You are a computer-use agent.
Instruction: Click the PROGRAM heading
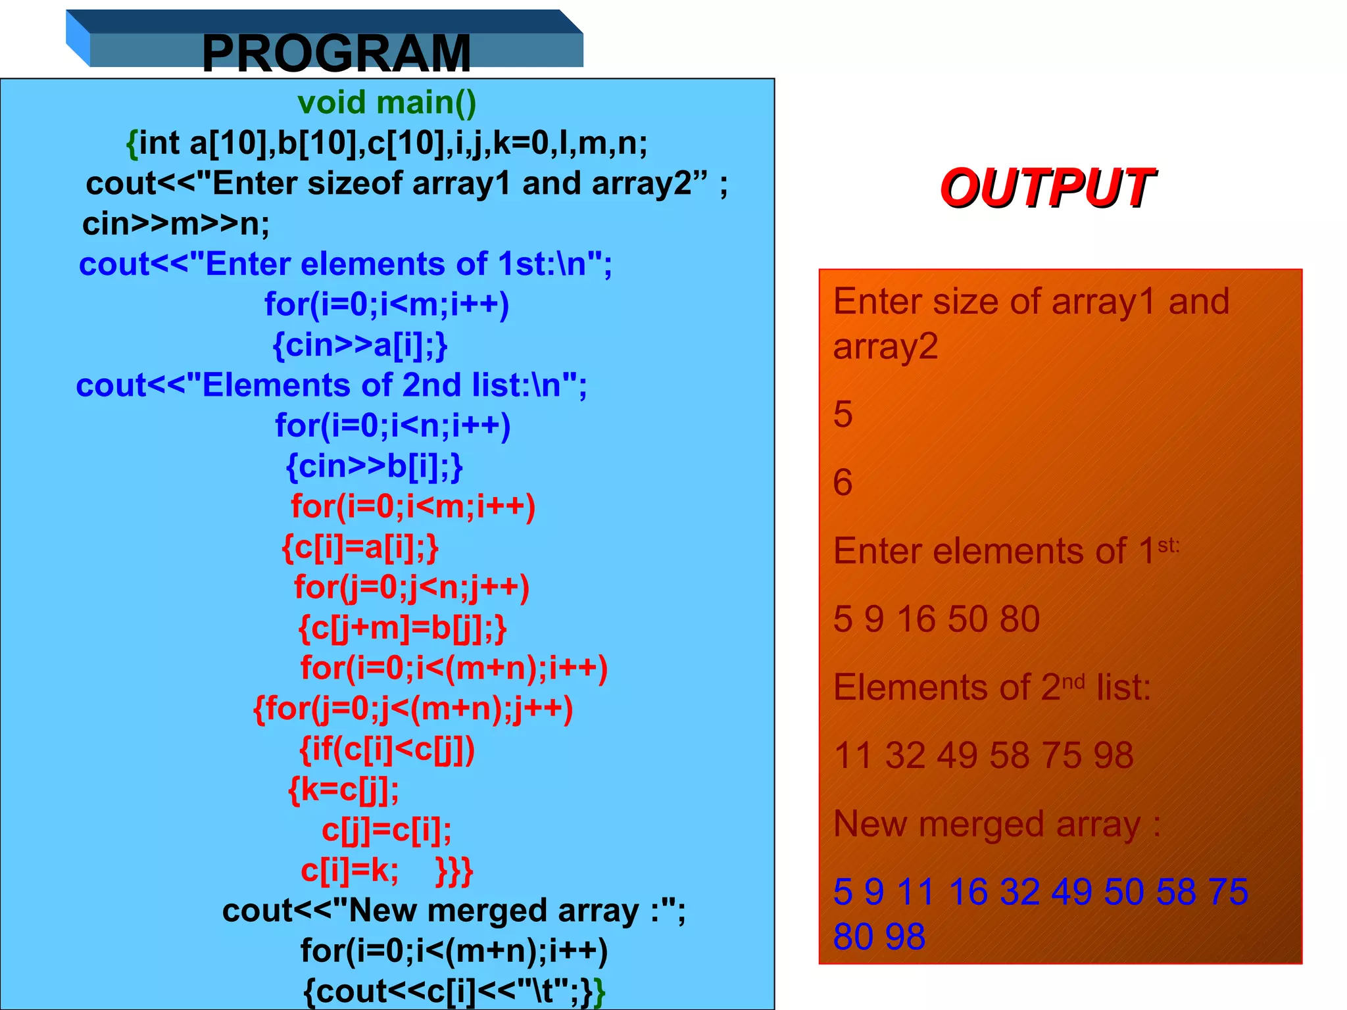click(x=336, y=53)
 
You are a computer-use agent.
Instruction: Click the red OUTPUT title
click(x=1046, y=188)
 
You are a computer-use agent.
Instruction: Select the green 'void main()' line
click(x=387, y=103)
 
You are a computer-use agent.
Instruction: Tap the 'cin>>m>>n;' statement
click(x=176, y=224)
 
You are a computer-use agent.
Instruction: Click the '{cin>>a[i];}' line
click(x=360, y=345)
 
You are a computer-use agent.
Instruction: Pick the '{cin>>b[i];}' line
click(x=374, y=466)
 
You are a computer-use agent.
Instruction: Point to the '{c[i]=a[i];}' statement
click(x=360, y=547)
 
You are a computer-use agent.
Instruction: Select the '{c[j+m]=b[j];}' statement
click(x=403, y=628)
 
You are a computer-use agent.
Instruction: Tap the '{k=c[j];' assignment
click(x=343, y=790)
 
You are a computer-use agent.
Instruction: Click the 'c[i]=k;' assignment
click(x=349, y=871)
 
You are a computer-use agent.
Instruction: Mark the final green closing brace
click(x=599, y=992)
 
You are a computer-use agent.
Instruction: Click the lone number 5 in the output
click(x=843, y=415)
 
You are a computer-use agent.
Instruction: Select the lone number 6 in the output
click(x=843, y=483)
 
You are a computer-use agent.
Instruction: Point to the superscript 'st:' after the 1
click(x=1168, y=545)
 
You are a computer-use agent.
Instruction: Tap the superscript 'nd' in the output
click(x=1073, y=682)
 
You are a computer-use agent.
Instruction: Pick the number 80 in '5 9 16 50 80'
click(x=1019, y=619)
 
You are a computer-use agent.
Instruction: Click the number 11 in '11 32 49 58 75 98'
click(x=853, y=756)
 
